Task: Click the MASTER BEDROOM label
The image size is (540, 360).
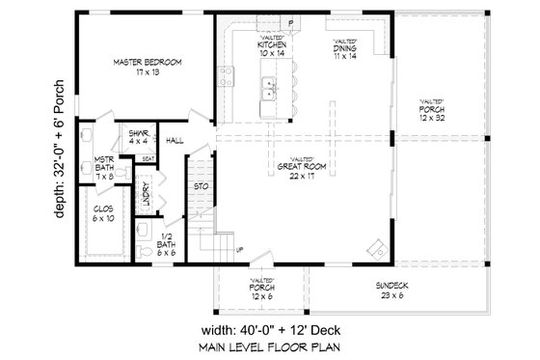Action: (x=147, y=66)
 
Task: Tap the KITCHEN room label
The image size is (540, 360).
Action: (x=270, y=50)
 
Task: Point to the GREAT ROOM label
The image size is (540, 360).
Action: (x=303, y=169)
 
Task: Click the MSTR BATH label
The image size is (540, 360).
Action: (x=105, y=168)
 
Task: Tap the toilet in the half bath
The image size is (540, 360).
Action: (x=142, y=229)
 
